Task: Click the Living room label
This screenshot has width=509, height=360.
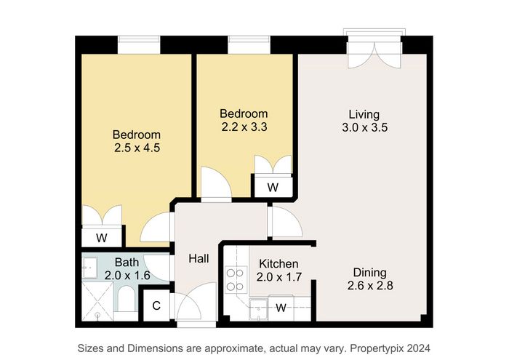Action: point(364,114)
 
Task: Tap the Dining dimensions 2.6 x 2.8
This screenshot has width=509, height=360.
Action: point(370,286)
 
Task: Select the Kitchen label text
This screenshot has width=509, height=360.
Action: point(278,263)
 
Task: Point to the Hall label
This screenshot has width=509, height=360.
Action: point(199,258)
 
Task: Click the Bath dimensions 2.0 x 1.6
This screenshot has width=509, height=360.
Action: point(127,276)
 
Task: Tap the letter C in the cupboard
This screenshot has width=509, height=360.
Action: point(156,305)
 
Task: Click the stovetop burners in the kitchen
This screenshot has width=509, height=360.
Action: point(235,280)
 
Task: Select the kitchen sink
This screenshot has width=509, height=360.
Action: point(258,309)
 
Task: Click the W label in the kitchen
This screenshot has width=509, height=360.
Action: point(281,308)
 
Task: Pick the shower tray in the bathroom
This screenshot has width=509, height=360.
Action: point(97,302)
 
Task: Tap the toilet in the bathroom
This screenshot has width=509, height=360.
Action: point(126,300)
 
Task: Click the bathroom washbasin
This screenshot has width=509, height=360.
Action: point(89,268)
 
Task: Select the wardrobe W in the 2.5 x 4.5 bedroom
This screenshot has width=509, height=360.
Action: point(102,238)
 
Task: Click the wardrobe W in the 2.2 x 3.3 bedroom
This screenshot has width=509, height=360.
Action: point(273,188)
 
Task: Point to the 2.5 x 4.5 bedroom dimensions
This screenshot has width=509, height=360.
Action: point(137,148)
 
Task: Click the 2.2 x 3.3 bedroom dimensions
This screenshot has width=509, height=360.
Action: point(244,127)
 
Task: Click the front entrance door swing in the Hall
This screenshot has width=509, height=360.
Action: point(196,302)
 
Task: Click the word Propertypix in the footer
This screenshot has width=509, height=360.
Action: point(377,348)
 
